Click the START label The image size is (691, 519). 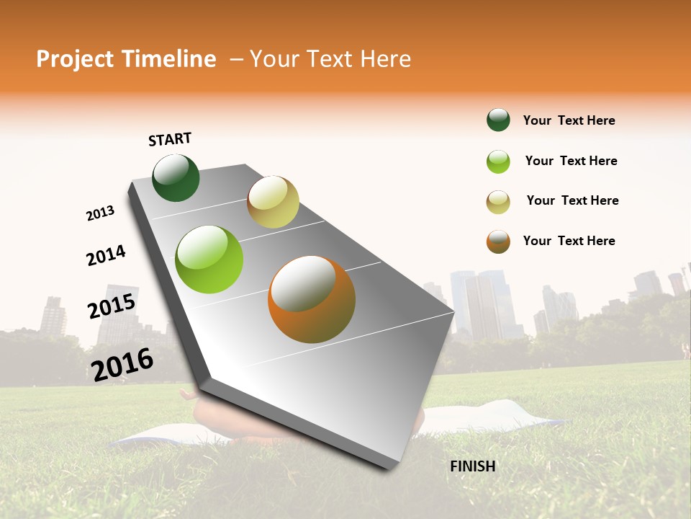point(170,139)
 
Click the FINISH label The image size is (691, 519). point(473,466)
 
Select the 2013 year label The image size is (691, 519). point(100,213)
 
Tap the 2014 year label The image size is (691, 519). point(106,255)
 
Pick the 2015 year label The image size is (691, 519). point(112,306)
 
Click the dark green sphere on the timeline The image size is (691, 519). point(176,178)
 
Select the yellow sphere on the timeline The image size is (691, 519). point(273,202)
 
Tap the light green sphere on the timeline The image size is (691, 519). point(209,259)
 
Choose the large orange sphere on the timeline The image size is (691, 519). point(312,299)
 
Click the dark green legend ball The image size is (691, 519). point(498,120)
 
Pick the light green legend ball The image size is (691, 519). point(498,161)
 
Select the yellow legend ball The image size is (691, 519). point(498,202)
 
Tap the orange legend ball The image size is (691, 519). point(498,241)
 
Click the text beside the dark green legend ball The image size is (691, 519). point(569,121)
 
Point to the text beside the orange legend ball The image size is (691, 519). point(569,241)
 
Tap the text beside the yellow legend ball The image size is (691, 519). point(572,200)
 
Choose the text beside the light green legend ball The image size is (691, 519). point(571,161)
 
